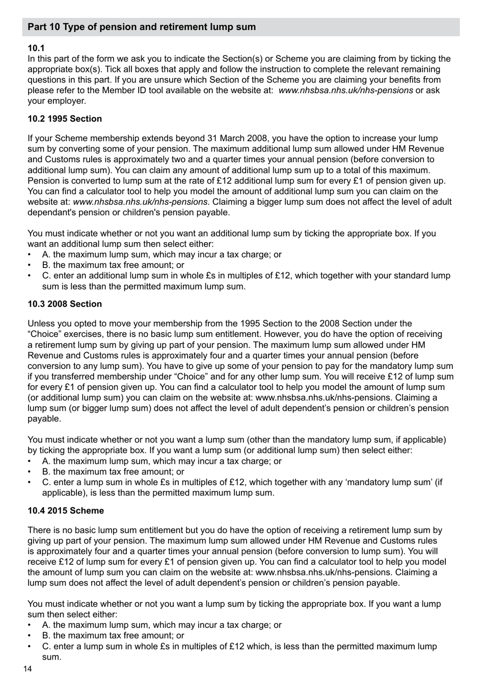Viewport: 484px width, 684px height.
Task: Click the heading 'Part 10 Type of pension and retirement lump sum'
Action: (x=142, y=27)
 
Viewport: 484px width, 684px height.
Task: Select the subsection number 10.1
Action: (x=36, y=48)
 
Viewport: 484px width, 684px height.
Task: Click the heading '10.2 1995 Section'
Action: (x=65, y=119)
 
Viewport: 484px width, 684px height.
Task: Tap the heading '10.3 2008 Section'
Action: (x=65, y=304)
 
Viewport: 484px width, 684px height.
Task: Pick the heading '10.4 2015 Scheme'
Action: (x=66, y=511)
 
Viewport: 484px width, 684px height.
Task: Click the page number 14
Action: (x=28, y=669)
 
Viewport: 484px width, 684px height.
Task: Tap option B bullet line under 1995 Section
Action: (x=113, y=265)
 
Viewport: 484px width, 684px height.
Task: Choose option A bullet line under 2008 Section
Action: (x=162, y=461)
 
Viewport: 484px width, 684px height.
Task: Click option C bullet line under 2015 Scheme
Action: (x=239, y=646)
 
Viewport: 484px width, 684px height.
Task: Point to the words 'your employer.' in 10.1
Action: (x=57, y=101)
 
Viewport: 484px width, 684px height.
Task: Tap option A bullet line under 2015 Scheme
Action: (x=162, y=625)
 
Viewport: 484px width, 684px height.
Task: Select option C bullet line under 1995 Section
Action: (x=246, y=276)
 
